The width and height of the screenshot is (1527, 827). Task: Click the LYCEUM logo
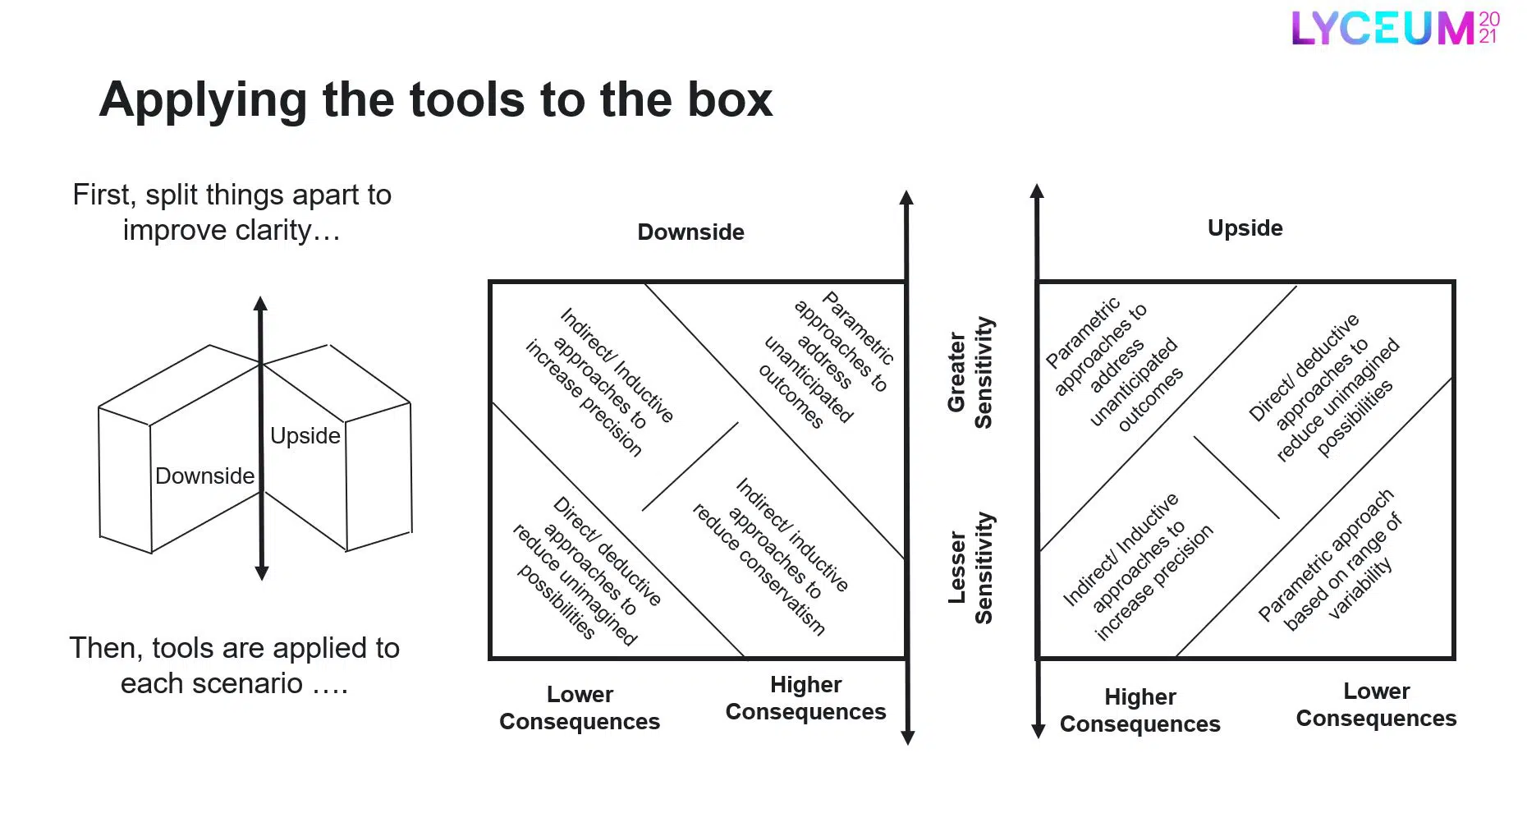pos(1394,28)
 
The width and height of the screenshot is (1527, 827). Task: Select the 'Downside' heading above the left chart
pos(690,232)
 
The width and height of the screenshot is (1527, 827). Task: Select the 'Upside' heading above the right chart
pos(1245,228)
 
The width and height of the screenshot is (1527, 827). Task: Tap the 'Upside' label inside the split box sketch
pos(305,436)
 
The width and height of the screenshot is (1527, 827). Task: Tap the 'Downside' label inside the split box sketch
pos(204,476)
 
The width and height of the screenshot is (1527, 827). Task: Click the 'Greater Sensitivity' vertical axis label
pos(970,372)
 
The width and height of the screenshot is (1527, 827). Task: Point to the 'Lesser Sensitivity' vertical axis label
pos(970,567)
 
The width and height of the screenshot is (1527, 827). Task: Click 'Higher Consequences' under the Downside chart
pos(805,698)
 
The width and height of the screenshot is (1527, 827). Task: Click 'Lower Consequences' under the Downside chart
pos(580,708)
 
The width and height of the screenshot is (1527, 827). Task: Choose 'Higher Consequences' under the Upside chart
pos(1140,710)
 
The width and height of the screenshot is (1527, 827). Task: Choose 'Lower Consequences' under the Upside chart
pos(1376,705)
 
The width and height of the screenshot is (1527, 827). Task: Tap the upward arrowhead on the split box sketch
pos(261,303)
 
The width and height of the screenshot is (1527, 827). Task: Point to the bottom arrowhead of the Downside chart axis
pos(907,737)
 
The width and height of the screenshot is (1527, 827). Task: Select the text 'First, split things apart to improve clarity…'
pos(232,213)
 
